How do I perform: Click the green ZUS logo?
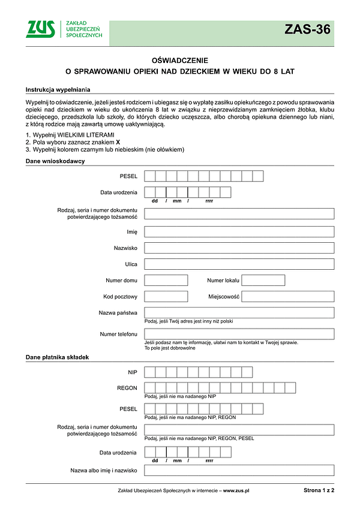tap(40, 29)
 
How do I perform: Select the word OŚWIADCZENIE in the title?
tap(180, 60)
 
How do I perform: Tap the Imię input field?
tap(239, 231)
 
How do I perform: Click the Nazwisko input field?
tap(239, 248)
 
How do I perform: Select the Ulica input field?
tap(239, 264)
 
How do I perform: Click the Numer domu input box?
tap(166, 280)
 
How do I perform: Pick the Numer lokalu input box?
tap(263, 280)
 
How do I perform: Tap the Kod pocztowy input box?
tap(166, 296)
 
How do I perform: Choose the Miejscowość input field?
tap(287, 296)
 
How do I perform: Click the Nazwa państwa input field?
tap(239, 312)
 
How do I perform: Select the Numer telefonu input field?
tap(239, 334)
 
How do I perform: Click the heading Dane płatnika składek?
tap(57, 357)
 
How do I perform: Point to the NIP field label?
tap(133, 372)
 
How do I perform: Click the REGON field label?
tap(127, 388)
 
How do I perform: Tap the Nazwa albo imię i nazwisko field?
tap(239, 471)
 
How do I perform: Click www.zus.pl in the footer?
tap(236, 490)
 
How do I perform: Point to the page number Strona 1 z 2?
tap(319, 490)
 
